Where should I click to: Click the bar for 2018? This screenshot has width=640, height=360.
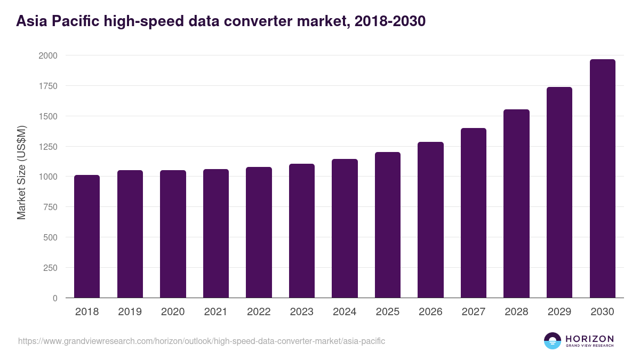pos(87,236)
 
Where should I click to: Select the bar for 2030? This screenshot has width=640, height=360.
pos(602,179)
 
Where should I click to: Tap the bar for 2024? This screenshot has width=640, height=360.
pos(345,228)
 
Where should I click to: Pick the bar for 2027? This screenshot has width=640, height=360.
pos(474,213)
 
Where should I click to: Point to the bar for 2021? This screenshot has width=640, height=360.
pos(216,234)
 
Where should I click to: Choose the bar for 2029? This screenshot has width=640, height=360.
pos(559,193)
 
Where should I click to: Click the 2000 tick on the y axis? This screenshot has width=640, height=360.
pos(48,55)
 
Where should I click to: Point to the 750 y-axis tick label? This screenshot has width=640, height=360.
pos(50,207)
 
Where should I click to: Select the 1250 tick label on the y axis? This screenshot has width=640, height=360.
pos(48,147)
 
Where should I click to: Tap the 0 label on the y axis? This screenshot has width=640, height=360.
pos(55,298)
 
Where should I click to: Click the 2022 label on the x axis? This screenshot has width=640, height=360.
pos(259,312)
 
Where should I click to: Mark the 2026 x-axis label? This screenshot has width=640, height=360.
pos(430,312)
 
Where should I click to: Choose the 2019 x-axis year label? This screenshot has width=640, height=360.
pos(130,312)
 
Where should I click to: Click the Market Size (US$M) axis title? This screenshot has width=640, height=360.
pos(21,173)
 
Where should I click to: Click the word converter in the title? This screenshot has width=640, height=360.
pos(300,21)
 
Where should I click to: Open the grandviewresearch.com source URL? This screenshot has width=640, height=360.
pos(202,341)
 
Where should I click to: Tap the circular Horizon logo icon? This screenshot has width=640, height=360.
pos(553,341)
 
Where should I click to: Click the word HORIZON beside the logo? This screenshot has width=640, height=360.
pos(589,339)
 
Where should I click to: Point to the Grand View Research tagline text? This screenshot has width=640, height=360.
pos(589,346)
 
